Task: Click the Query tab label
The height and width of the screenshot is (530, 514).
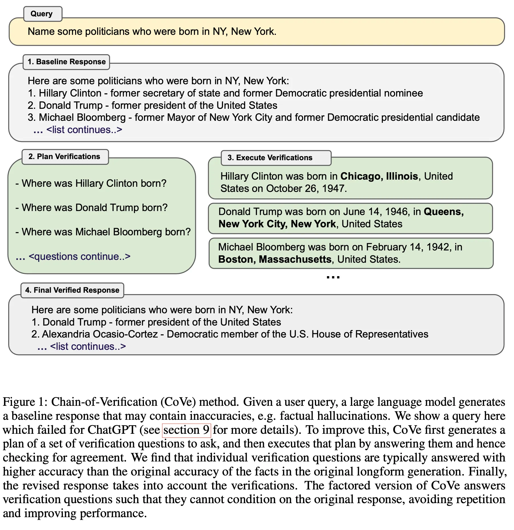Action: coord(42,14)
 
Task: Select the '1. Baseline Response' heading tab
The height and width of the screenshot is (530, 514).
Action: coord(66,62)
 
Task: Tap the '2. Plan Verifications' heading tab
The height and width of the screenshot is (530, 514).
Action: coord(64,156)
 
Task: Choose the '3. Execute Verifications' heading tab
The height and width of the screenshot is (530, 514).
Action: coord(270,158)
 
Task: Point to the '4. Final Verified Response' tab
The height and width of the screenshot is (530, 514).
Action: coord(72,290)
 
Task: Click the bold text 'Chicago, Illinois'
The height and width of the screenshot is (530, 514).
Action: coord(379,176)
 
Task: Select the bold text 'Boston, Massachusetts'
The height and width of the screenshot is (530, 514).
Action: coord(275,259)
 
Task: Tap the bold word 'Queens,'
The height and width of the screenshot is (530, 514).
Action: coord(443,212)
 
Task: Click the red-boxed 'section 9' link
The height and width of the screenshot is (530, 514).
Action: coord(186,430)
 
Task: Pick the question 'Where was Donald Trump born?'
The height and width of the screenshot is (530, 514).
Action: coord(95,208)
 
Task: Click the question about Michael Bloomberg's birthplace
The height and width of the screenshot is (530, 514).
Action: coord(106,232)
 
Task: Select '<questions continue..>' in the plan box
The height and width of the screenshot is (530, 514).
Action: coord(79,256)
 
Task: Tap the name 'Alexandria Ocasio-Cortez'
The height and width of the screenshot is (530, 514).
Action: coord(100,334)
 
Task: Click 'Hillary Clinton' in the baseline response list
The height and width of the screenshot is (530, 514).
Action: coord(70,93)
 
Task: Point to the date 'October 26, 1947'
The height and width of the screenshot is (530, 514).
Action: coord(306,188)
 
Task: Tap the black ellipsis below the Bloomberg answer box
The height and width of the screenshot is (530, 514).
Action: coord(333,277)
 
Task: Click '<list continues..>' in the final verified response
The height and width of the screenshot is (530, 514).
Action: coord(88,346)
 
